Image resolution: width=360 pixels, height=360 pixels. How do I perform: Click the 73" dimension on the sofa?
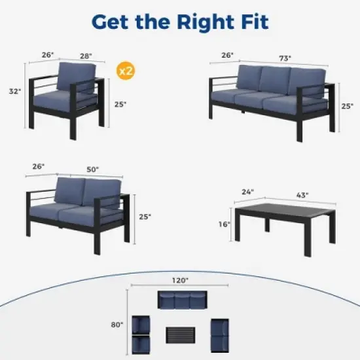[285, 57]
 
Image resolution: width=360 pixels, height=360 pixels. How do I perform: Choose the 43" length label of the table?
[302, 194]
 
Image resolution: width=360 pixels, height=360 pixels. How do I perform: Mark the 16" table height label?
[225, 224]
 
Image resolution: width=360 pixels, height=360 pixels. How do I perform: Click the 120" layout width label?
[181, 280]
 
